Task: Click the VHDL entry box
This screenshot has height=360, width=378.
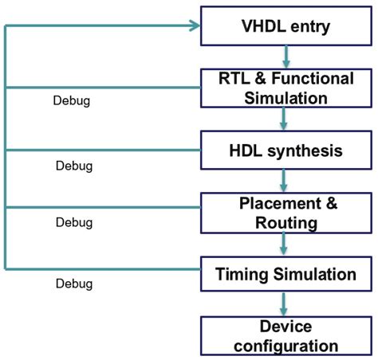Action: pyautogui.click(x=285, y=26)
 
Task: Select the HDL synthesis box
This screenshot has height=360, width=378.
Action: pyautogui.click(x=285, y=150)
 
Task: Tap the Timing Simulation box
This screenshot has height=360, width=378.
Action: pyautogui.click(x=285, y=275)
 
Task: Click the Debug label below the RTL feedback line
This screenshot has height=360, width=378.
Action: pyautogui.click(x=71, y=102)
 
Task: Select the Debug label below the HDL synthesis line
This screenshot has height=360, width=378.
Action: pyautogui.click(x=74, y=166)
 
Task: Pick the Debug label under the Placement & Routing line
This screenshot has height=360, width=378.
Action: pyautogui.click(x=74, y=223)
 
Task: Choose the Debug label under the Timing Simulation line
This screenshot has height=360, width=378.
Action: pyautogui.click(x=74, y=284)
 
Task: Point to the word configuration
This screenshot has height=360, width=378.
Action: pyautogui.click(x=285, y=346)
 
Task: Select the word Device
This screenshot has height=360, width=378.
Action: pyautogui.click(x=285, y=327)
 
